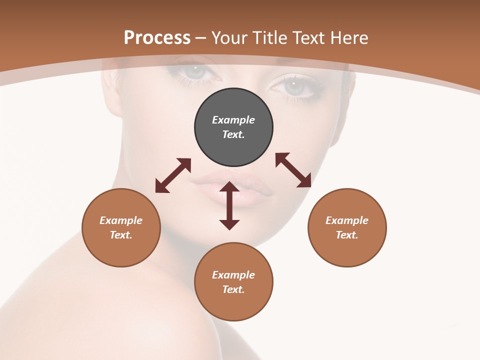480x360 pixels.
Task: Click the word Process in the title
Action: click(x=157, y=38)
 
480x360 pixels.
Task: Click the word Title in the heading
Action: click(x=269, y=38)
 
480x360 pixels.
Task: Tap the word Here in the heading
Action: click(x=348, y=38)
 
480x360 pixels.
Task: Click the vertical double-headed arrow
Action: click(x=229, y=205)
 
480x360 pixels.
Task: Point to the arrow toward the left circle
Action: click(x=173, y=175)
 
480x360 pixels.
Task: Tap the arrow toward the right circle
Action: click(x=293, y=170)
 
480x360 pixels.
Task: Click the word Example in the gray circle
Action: click(x=233, y=120)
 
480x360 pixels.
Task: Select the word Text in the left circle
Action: click(x=121, y=235)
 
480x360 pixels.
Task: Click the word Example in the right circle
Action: click(x=347, y=220)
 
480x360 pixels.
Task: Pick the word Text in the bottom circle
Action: click(x=233, y=289)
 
